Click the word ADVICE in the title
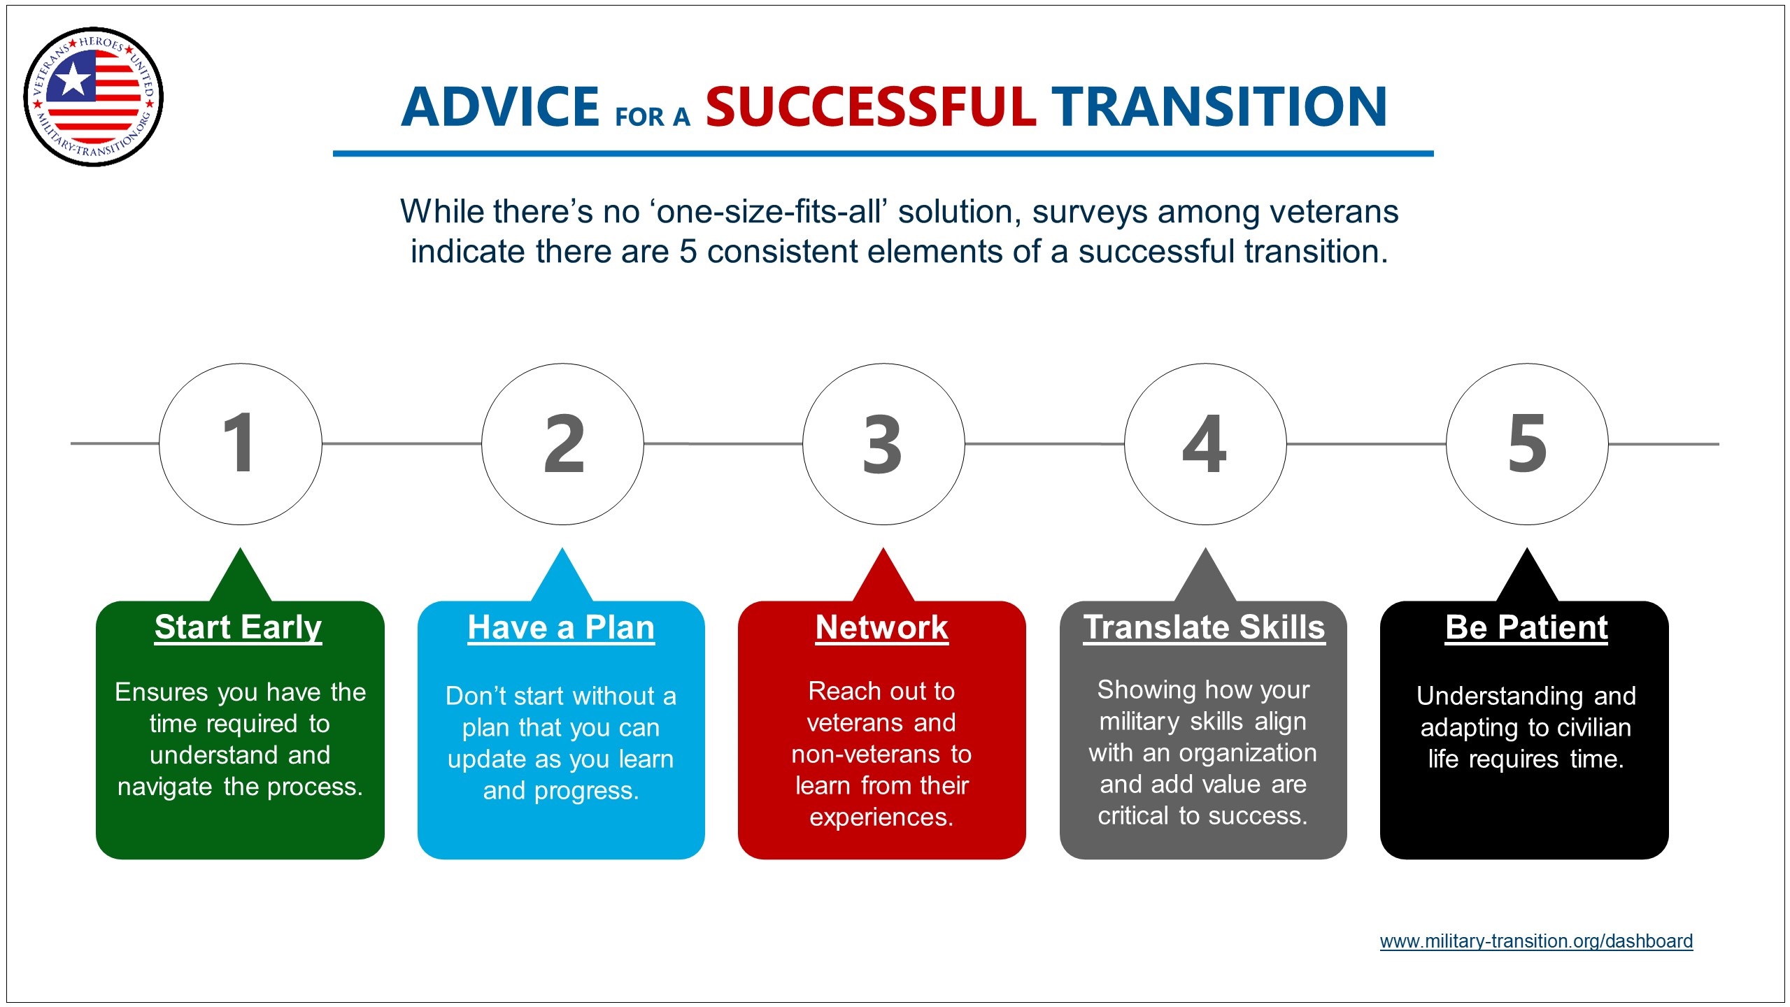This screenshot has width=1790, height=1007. [500, 107]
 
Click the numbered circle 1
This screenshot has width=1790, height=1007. [241, 444]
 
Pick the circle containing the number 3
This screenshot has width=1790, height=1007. [883, 444]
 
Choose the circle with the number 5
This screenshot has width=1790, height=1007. [1527, 444]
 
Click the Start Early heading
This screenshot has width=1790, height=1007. [239, 627]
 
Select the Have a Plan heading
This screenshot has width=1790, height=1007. [561, 627]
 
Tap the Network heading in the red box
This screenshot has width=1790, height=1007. [882, 627]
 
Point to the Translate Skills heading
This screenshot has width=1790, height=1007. [1204, 627]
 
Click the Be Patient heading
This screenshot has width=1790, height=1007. [1526, 627]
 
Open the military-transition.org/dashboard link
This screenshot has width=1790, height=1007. [1536, 941]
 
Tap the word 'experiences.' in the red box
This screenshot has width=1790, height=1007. [881, 817]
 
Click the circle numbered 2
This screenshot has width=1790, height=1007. [562, 444]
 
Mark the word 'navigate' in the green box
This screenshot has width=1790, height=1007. [165, 787]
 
